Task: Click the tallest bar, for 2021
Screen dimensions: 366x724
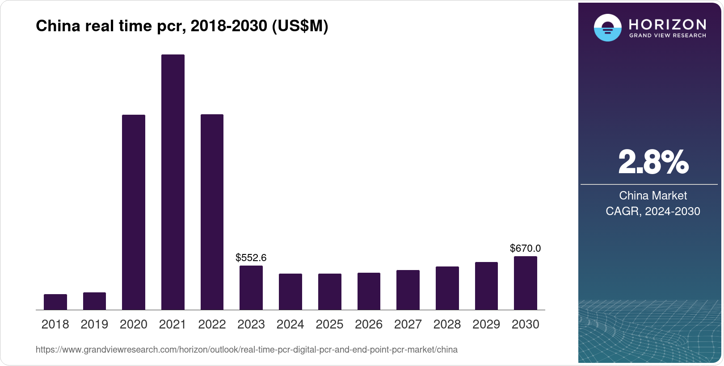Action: (x=173, y=182)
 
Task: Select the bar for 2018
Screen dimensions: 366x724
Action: (x=55, y=302)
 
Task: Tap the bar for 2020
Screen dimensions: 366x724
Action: (x=133, y=212)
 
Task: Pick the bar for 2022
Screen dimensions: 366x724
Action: (x=212, y=212)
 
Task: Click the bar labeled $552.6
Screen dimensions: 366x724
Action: (x=251, y=288)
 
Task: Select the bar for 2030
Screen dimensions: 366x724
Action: (x=526, y=283)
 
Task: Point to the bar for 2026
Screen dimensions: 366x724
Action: (x=369, y=291)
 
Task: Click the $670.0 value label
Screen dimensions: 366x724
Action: (x=526, y=248)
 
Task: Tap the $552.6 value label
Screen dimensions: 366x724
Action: (x=251, y=258)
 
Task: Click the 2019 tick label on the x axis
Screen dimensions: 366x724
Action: (x=94, y=324)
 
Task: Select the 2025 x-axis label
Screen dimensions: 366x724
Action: (x=329, y=324)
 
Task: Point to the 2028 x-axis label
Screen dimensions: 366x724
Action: (x=447, y=324)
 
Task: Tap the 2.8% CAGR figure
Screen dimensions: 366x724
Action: (x=653, y=162)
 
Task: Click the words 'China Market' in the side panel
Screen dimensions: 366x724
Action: (x=653, y=195)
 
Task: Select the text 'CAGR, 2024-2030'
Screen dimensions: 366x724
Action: (x=653, y=211)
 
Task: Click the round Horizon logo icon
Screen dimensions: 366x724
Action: (x=607, y=28)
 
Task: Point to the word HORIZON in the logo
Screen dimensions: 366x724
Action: (x=667, y=24)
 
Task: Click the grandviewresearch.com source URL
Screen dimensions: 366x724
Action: (x=246, y=349)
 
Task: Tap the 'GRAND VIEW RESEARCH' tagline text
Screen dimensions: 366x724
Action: (x=667, y=35)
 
